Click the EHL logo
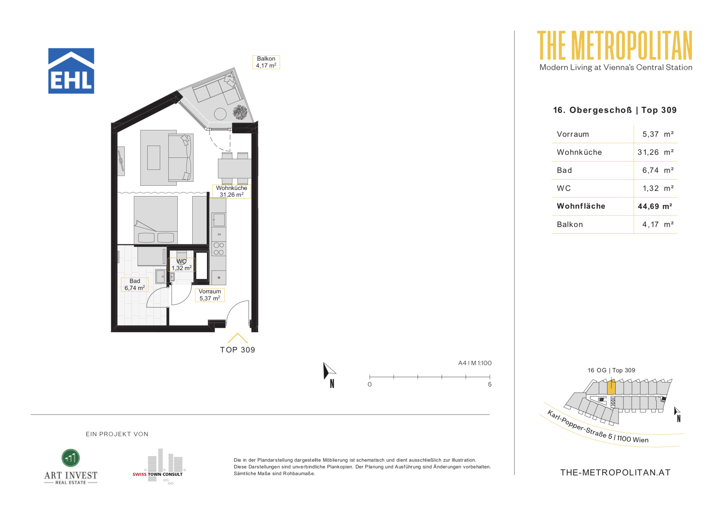point(71,71)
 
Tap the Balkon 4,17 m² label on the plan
point(266,62)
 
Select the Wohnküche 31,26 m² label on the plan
point(232,191)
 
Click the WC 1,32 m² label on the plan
point(182,265)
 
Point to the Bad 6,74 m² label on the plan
point(135,284)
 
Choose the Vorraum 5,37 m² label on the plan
point(210,295)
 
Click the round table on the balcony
point(220,114)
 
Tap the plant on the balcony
point(240,112)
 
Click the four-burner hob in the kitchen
point(219,249)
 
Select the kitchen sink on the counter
point(218,220)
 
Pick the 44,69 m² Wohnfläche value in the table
point(655,206)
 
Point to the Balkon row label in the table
point(570,224)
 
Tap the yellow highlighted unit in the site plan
point(611,388)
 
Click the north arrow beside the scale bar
point(329,371)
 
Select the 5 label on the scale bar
point(490,384)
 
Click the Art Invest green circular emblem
point(71,458)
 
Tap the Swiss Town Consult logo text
point(158,474)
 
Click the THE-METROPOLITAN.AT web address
point(615,472)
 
